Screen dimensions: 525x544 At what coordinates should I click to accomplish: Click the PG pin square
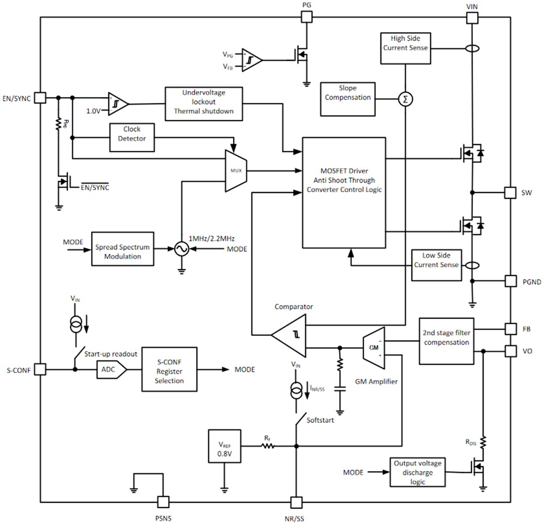point(307,17)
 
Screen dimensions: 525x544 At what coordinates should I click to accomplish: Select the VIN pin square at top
point(472,18)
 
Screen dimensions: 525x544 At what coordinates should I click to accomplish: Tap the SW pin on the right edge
point(509,192)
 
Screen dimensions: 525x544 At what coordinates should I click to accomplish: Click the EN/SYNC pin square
point(41,97)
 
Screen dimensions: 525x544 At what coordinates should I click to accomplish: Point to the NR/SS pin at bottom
point(296,502)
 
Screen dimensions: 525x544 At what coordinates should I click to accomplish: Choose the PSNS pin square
point(163,502)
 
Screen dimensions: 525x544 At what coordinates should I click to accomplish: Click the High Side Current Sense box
point(405,48)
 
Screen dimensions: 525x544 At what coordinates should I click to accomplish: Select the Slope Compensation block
point(348,97)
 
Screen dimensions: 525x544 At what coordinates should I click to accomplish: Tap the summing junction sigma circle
point(406,99)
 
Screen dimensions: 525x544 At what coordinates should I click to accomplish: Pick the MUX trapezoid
point(235,171)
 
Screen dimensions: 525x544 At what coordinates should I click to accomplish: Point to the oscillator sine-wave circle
point(181,249)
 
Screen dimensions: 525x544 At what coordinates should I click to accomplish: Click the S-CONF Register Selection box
point(169,370)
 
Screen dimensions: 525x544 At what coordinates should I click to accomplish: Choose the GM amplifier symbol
point(373,347)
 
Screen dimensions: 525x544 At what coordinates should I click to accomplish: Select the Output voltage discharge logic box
point(417,472)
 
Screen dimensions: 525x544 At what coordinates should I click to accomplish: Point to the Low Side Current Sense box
point(436,261)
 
